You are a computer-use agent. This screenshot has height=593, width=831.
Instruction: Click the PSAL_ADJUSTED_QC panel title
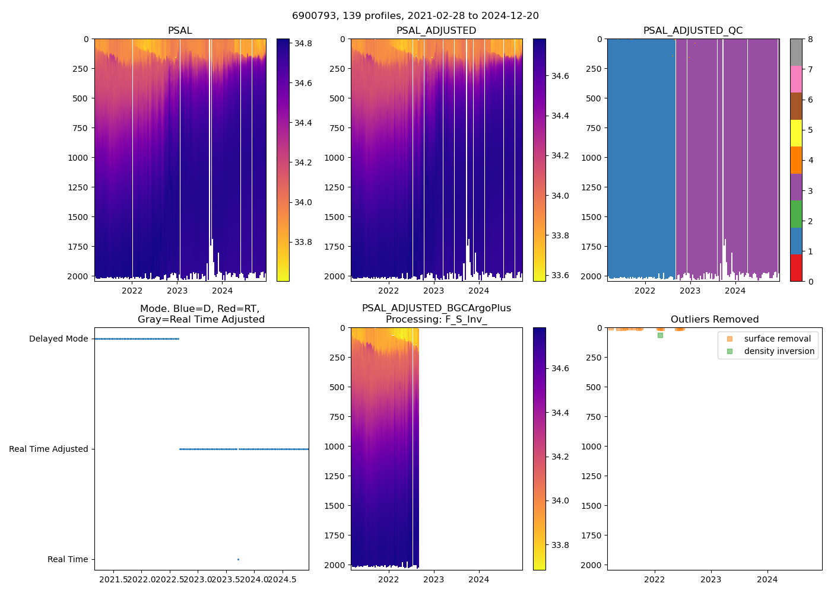pos(693,31)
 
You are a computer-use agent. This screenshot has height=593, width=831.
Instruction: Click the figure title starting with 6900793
pos(415,16)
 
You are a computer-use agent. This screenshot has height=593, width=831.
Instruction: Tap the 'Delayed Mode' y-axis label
pos(58,339)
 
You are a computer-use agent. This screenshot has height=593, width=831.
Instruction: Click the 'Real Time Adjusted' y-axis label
pos(48,449)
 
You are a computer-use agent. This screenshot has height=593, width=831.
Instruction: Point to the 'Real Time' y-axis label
pos(68,559)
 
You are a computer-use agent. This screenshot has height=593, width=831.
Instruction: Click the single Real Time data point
pos(238,559)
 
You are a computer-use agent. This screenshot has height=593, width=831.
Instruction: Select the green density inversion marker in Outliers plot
pos(660,335)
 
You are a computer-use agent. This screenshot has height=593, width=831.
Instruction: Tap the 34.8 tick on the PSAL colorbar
pos(303,43)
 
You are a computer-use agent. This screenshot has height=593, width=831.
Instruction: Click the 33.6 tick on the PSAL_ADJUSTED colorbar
pos(560,275)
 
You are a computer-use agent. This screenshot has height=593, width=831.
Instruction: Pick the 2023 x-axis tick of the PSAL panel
pos(177,291)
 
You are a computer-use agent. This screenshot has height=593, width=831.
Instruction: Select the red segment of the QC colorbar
pos(796,268)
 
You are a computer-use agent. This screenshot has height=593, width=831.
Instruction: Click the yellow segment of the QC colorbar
pos(796,133)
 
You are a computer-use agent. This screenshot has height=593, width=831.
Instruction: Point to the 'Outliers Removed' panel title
pos(715,320)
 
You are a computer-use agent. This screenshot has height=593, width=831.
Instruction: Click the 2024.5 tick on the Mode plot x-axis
pos(282,579)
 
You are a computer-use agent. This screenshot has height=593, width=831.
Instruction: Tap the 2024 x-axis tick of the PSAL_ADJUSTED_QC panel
pos(735,291)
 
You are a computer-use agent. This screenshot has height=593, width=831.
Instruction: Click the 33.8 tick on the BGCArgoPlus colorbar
pos(560,545)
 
